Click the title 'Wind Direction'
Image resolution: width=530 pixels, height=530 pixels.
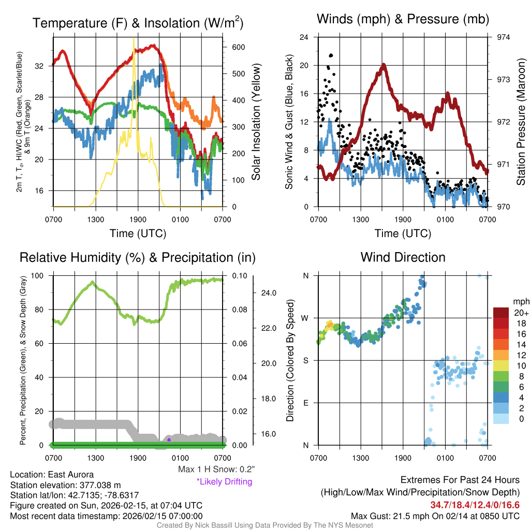click(x=403, y=257)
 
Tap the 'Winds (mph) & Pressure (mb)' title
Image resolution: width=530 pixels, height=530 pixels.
click(x=403, y=20)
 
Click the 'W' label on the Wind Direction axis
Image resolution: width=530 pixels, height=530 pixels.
click(x=305, y=318)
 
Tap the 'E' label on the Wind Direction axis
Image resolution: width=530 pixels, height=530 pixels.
click(x=305, y=403)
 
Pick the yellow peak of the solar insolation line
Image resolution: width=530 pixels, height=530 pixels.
click(x=134, y=39)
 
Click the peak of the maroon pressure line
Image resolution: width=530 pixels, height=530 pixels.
click(x=384, y=65)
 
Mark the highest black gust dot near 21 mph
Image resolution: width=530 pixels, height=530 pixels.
click(x=331, y=55)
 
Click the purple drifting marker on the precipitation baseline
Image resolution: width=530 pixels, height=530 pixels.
click(x=169, y=439)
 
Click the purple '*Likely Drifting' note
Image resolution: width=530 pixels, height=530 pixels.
click(x=224, y=482)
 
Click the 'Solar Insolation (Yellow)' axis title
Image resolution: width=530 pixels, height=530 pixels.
click(x=256, y=122)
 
